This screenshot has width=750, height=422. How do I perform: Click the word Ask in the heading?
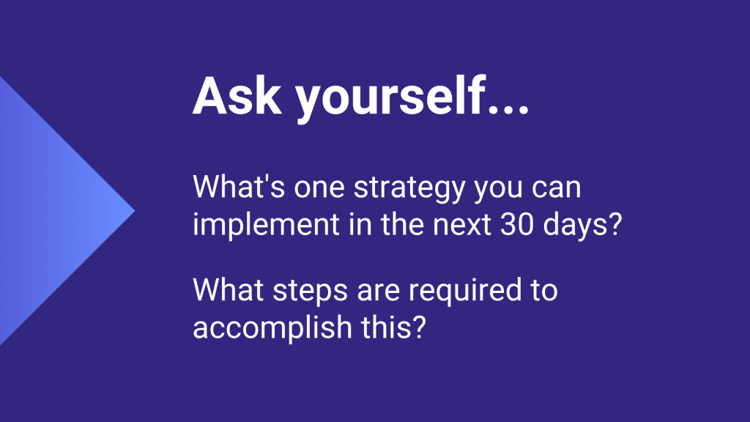237,96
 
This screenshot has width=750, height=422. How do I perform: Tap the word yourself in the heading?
390,98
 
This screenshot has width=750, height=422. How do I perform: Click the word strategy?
409,189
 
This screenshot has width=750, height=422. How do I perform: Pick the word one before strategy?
319,189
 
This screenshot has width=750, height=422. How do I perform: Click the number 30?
516,225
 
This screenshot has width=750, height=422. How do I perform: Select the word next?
462,226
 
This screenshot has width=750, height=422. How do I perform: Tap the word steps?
311,292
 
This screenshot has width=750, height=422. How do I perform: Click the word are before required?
379,293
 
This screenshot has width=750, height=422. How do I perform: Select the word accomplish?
272,329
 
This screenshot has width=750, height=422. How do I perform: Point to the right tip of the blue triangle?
135,210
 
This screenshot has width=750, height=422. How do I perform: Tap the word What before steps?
229,290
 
